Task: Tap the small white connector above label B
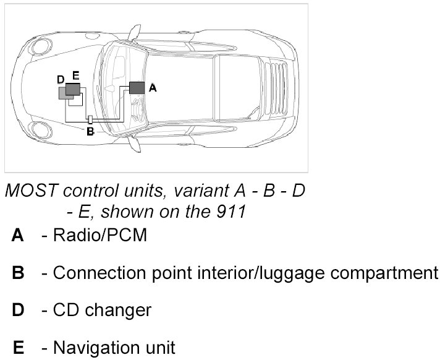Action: pyautogui.click(x=90, y=119)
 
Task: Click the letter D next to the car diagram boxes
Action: pyautogui.click(x=60, y=80)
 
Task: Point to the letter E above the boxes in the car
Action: pyautogui.click(x=75, y=75)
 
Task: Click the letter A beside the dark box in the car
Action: pyautogui.click(x=153, y=88)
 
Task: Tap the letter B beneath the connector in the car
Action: pyautogui.click(x=90, y=131)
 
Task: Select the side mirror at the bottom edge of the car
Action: pyautogui.click(x=133, y=145)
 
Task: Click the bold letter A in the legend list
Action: pyautogui.click(x=18, y=236)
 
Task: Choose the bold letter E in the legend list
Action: pyautogui.click(x=19, y=347)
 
